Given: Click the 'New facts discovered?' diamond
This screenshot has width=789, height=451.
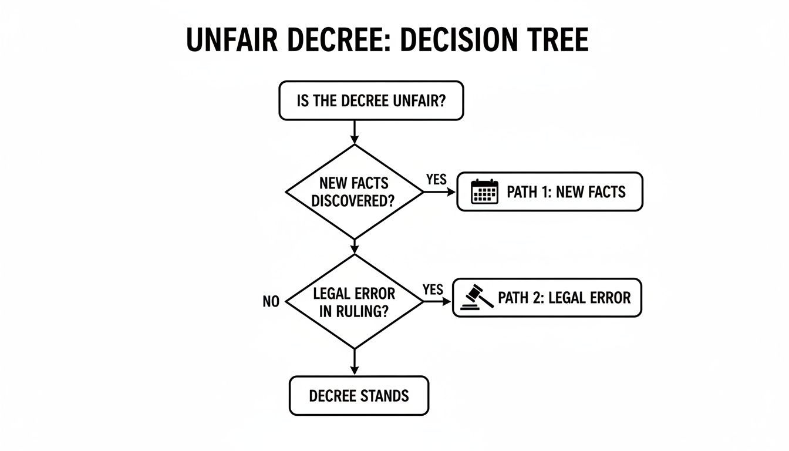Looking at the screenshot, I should pos(354,191).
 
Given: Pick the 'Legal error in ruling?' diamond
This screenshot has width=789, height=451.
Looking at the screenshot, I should pos(354,301).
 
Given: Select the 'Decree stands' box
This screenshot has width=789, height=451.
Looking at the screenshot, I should pos(359,395).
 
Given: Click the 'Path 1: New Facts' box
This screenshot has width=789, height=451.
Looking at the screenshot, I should pos(549,191).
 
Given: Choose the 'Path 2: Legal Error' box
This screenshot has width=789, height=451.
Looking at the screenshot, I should pos(547,298).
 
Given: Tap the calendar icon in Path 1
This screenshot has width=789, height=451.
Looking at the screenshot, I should pos(485,192).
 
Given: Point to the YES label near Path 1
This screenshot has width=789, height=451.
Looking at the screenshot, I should pos(436,180).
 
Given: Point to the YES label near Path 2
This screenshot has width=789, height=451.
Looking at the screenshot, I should pos(433,290).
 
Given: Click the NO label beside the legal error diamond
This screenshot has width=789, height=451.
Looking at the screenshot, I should pos(271,302).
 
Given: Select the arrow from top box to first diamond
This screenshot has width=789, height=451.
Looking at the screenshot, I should pos(354,132).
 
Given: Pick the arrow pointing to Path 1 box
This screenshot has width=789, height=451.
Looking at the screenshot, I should pos(440,191).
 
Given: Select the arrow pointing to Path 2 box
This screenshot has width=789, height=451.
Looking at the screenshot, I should pos(437,301).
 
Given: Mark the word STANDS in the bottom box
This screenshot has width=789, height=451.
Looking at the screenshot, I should pos(385,395).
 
